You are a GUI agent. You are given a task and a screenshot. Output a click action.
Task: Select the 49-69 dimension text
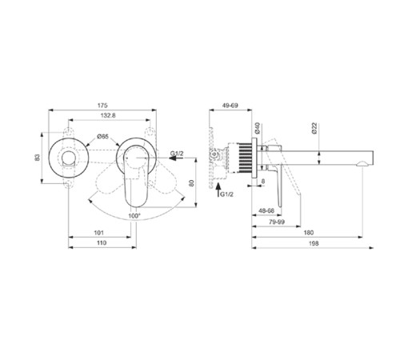pos(230,105)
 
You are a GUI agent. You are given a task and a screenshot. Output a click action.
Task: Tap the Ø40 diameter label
pos(258,128)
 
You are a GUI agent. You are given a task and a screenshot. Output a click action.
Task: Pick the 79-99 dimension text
pos(277,224)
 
